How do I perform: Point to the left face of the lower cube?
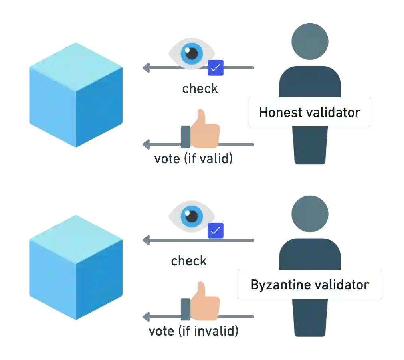pos(52,279)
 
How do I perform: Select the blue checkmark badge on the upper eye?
pos(216,67)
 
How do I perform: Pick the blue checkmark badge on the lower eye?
pos(216,231)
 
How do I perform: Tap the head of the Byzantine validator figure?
pos(310,214)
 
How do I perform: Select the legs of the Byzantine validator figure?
pos(310,319)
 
